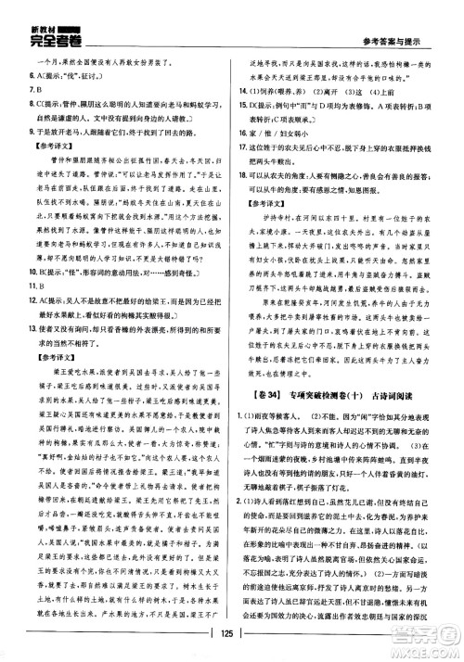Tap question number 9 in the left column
click(16, 134)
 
